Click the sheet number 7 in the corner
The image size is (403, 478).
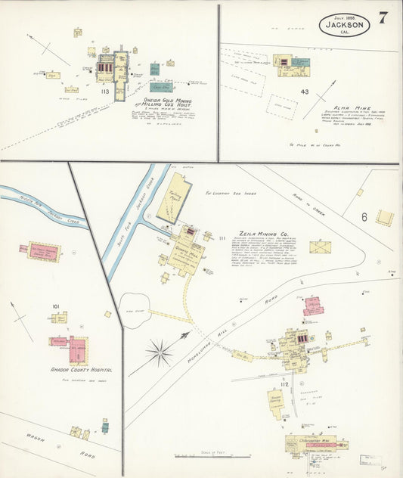[383, 18]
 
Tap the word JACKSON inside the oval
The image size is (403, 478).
[345, 24]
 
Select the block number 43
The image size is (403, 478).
[305, 92]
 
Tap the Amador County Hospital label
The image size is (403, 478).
[82, 370]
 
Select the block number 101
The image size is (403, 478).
[55, 306]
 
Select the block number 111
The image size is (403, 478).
[221, 239]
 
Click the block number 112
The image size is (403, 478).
[284, 384]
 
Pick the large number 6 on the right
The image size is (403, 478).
[364, 217]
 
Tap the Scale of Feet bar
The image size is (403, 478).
[211, 456]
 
